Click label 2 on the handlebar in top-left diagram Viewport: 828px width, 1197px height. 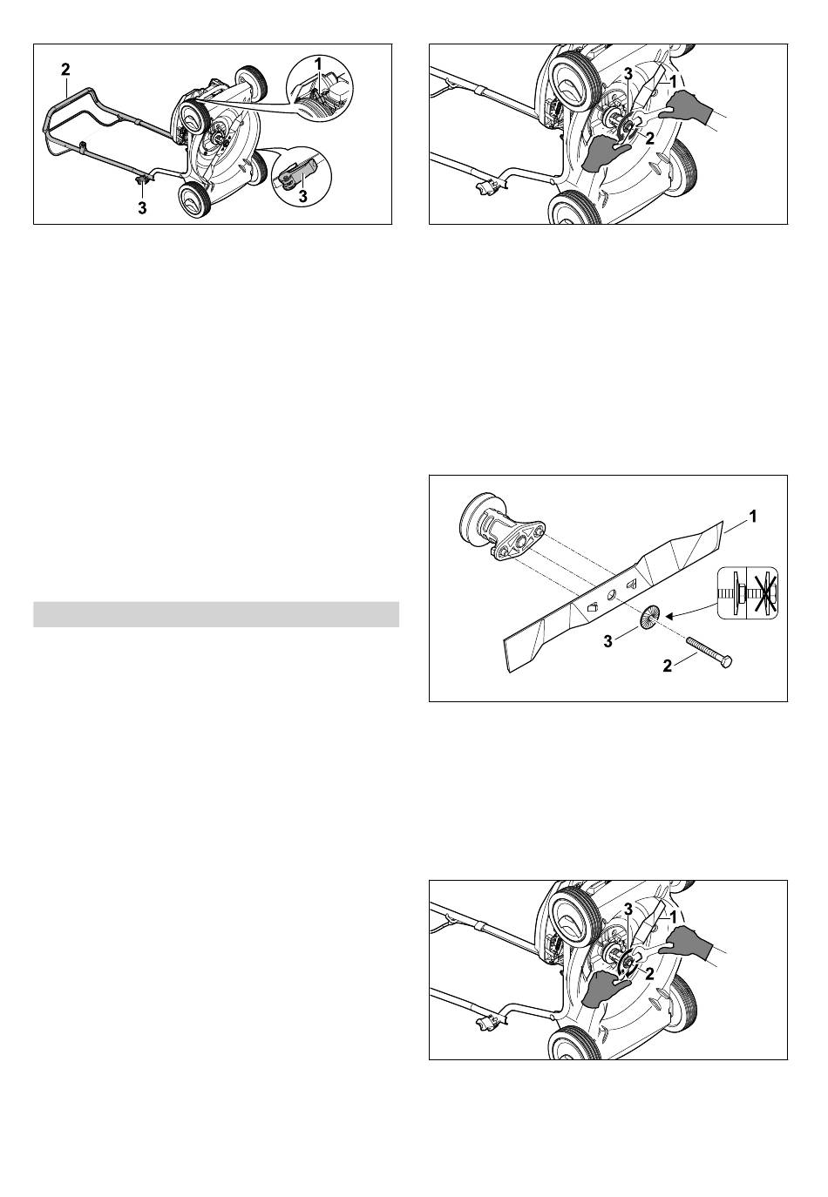click(65, 70)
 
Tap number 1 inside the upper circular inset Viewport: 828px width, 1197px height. click(318, 63)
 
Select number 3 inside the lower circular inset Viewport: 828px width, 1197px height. click(302, 196)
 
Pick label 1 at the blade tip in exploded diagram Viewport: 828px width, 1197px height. click(752, 517)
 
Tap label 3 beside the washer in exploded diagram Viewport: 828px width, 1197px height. click(607, 640)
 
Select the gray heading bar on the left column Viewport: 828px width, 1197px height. click(216, 614)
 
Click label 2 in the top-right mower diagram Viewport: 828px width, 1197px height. click(649, 139)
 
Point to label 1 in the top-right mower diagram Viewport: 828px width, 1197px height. click(673, 81)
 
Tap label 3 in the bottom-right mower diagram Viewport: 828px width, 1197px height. click(628, 910)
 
